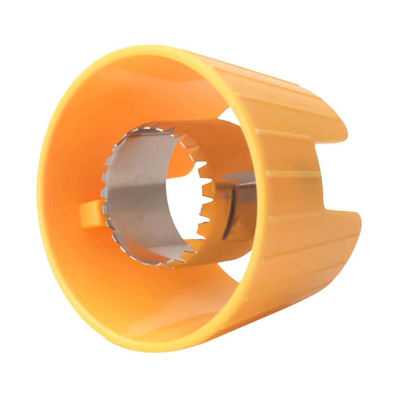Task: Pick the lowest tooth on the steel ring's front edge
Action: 159,266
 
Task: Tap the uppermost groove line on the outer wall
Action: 279,80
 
